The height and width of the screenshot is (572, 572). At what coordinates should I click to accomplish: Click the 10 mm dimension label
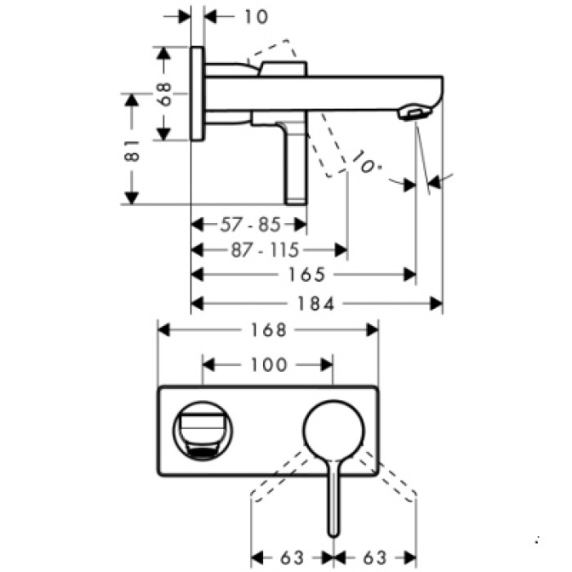click(256, 16)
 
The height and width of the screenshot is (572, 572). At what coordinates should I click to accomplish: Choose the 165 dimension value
click(306, 275)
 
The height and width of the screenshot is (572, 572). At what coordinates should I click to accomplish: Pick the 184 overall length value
click(316, 304)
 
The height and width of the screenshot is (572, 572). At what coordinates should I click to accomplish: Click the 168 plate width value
click(268, 330)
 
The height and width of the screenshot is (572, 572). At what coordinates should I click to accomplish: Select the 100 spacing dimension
click(267, 365)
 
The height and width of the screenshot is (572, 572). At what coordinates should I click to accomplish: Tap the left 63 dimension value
click(292, 558)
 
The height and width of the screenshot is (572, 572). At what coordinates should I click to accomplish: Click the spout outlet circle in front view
click(203, 429)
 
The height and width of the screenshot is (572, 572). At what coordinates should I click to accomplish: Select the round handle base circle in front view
click(333, 429)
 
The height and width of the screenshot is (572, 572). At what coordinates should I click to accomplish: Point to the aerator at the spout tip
click(414, 114)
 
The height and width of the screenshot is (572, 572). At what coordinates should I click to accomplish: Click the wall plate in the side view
click(197, 93)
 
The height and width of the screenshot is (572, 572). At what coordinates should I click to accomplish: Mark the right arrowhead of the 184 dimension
click(436, 304)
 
